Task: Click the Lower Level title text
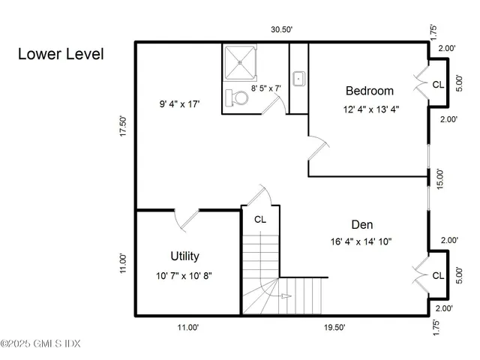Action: click(60, 54)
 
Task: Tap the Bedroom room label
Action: click(369, 91)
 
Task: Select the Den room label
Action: click(362, 224)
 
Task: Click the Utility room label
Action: click(184, 256)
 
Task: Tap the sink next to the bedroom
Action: click(298, 77)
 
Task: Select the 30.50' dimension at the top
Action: click(281, 30)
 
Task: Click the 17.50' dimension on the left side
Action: click(123, 125)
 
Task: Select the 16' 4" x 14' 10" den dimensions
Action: click(361, 241)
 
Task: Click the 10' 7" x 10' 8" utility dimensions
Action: click(184, 275)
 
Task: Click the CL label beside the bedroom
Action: click(438, 85)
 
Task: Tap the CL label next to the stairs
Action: click(259, 220)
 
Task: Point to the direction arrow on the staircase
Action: click(286, 296)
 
